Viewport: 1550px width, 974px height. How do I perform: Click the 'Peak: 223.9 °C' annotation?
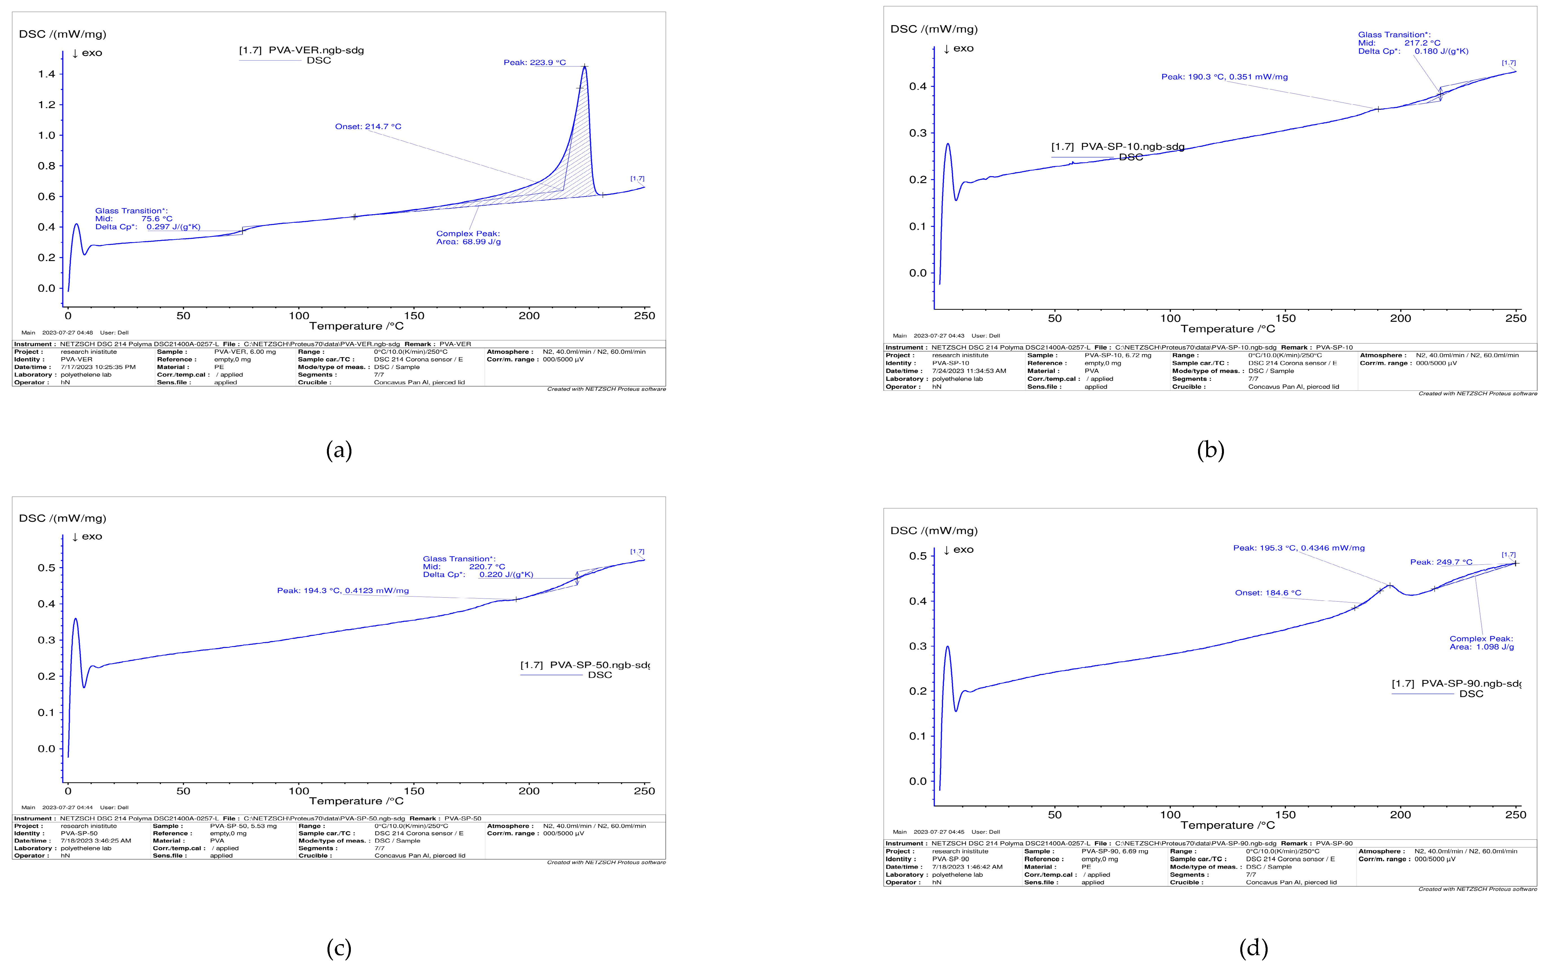[534, 63]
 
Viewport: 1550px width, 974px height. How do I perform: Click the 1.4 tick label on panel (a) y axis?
[46, 74]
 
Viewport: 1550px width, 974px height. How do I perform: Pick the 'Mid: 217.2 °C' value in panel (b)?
[1422, 43]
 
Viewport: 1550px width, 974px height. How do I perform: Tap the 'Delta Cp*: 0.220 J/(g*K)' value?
[506, 575]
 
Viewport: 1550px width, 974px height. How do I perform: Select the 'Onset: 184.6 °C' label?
[1267, 593]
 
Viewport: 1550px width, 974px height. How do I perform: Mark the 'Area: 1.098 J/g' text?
[1481, 647]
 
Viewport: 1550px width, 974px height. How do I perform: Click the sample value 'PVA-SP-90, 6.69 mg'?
[1114, 851]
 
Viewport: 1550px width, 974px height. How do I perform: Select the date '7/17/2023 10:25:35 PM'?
[98, 367]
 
